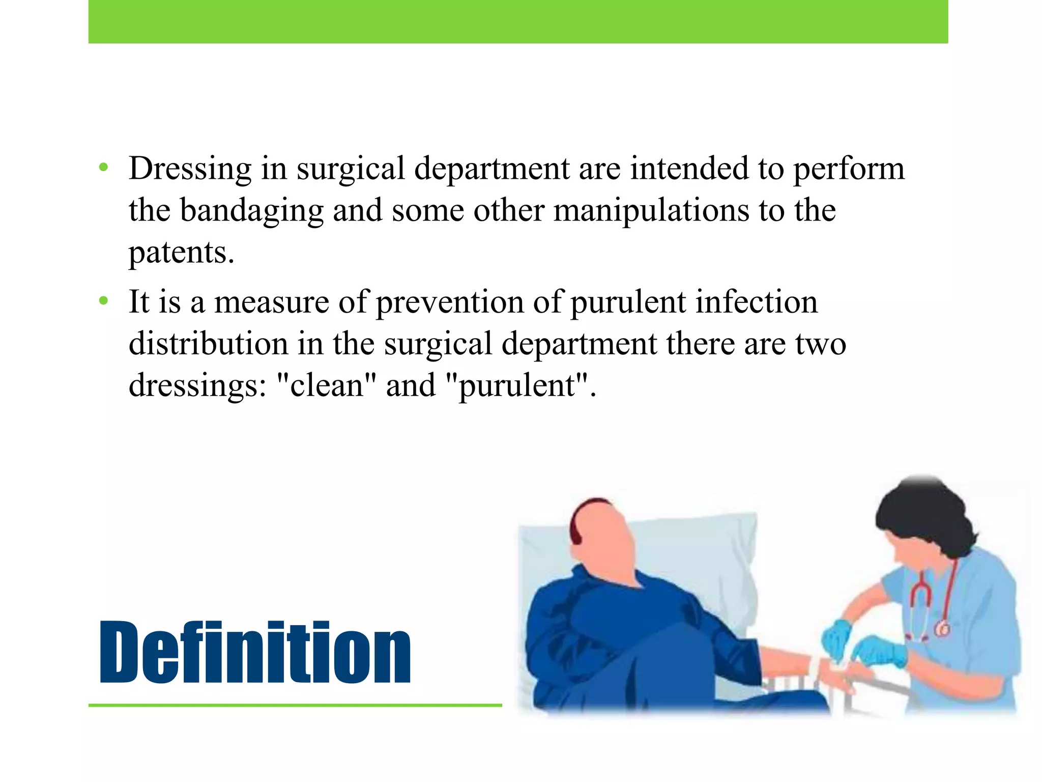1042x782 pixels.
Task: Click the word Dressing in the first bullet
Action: [190, 170]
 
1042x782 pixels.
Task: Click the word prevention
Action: [450, 302]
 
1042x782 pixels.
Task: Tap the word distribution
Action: [208, 344]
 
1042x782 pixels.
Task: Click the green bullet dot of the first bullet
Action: [104, 167]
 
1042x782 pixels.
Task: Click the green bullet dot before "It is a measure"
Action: [104, 301]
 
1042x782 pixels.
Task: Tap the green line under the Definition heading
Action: [295, 705]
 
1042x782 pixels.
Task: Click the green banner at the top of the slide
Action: [518, 21]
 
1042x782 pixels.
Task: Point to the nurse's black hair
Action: [926, 514]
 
